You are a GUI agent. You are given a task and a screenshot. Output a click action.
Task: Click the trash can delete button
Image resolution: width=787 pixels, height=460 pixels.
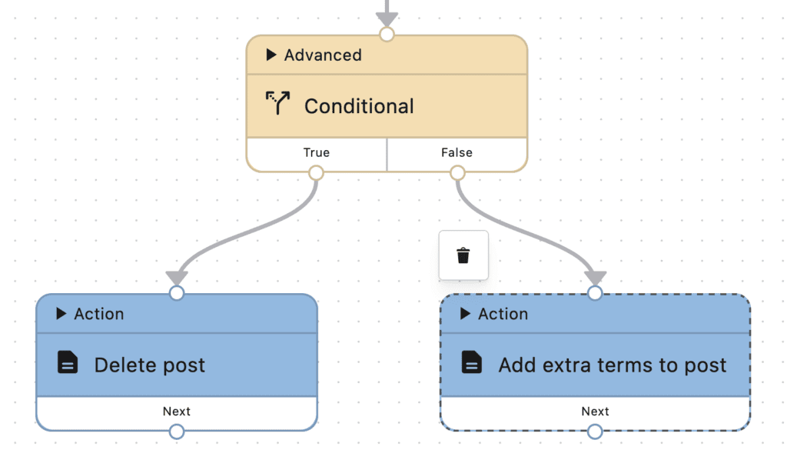tap(463, 255)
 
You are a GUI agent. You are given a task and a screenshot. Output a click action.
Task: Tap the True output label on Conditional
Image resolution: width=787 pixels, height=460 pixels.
tap(316, 152)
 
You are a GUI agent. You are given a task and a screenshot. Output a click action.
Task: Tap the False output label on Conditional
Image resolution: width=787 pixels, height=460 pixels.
tap(457, 152)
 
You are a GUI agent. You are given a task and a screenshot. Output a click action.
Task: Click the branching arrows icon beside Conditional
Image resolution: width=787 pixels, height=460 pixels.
tap(278, 104)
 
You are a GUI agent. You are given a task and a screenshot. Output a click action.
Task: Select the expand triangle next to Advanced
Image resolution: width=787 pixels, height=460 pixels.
tap(271, 55)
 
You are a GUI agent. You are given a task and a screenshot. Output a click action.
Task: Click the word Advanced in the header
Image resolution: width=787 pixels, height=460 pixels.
tap(323, 55)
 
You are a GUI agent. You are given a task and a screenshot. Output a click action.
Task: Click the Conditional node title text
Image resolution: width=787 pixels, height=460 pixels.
tap(359, 106)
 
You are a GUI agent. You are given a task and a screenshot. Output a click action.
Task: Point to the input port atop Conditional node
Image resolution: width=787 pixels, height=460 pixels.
tap(387, 35)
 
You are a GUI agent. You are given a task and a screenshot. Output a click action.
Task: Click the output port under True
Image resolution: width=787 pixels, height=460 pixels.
tap(316, 173)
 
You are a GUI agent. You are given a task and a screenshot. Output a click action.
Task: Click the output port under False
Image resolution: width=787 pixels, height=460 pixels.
tap(457, 173)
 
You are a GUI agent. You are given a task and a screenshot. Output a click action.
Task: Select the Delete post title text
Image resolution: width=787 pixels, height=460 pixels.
tap(150, 365)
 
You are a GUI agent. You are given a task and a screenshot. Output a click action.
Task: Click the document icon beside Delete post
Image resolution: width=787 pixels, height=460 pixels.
tap(68, 363)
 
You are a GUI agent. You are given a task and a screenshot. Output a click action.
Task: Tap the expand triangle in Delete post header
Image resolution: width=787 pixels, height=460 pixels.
tap(61, 314)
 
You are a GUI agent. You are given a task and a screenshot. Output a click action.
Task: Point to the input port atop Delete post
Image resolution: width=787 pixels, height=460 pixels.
tap(177, 293)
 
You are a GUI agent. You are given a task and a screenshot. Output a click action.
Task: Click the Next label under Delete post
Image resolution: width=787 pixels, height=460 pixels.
tap(177, 412)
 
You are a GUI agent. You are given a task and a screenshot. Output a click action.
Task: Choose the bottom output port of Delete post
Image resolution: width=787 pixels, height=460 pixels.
tap(177, 432)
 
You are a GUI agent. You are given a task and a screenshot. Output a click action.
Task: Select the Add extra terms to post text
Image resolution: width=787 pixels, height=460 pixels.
tap(613, 365)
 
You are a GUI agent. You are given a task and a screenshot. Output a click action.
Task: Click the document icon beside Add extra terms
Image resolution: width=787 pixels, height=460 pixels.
tap(472, 363)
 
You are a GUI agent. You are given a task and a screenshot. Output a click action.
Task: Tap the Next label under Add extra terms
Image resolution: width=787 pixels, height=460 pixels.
tap(595, 412)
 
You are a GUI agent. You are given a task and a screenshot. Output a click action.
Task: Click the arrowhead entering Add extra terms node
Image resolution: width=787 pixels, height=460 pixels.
tap(595, 278)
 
